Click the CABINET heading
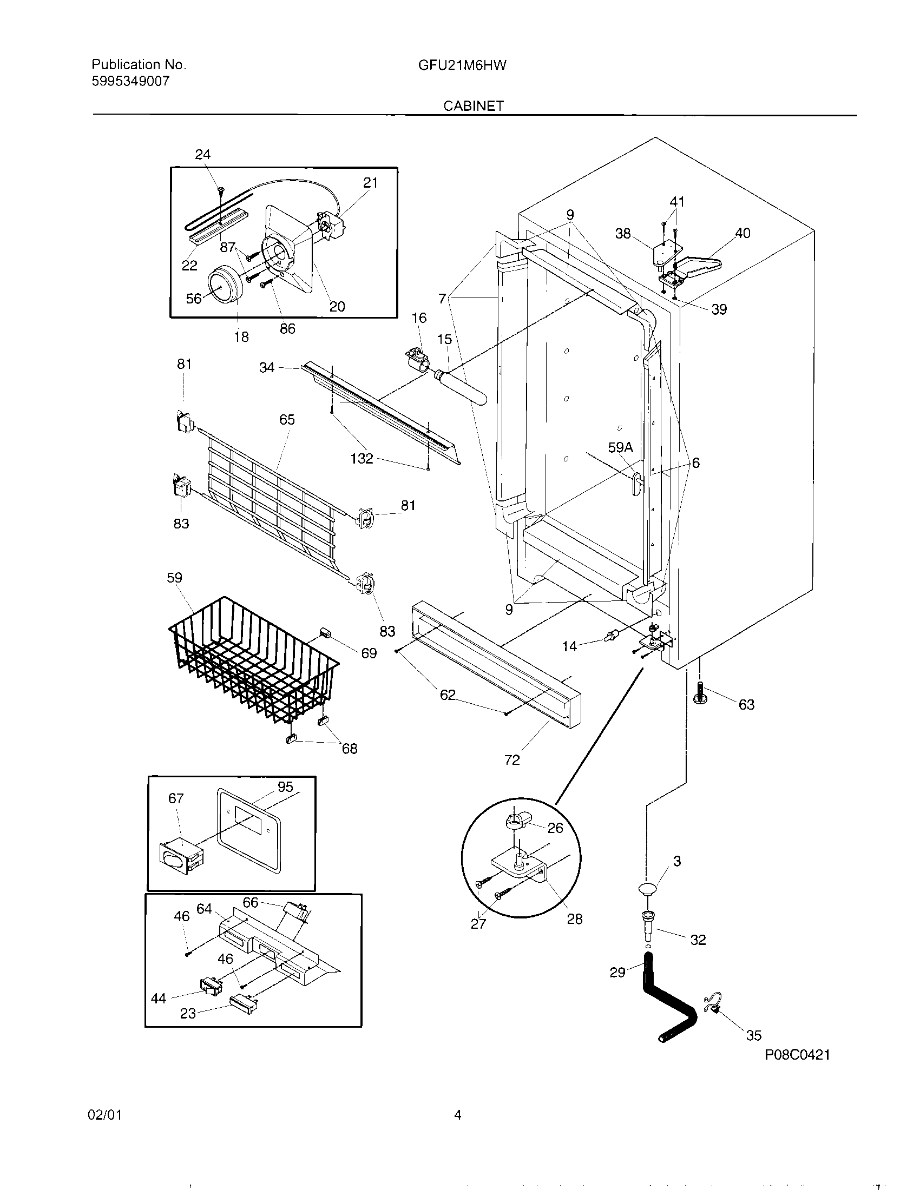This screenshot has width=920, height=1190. click(x=473, y=105)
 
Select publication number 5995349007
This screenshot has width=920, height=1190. click(x=131, y=82)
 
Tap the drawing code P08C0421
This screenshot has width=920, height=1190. click(x=797, y=1055)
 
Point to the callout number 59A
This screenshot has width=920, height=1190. click(x=620, y=447)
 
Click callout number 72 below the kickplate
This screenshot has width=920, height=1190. click(x=512, y=759)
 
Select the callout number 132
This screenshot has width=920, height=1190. click(x=362, y=458)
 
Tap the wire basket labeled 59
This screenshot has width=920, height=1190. click(x=251, y=659)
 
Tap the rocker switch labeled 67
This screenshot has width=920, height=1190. click(x=180, y=857)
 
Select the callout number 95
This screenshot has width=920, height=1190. click(x=285, y=786)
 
